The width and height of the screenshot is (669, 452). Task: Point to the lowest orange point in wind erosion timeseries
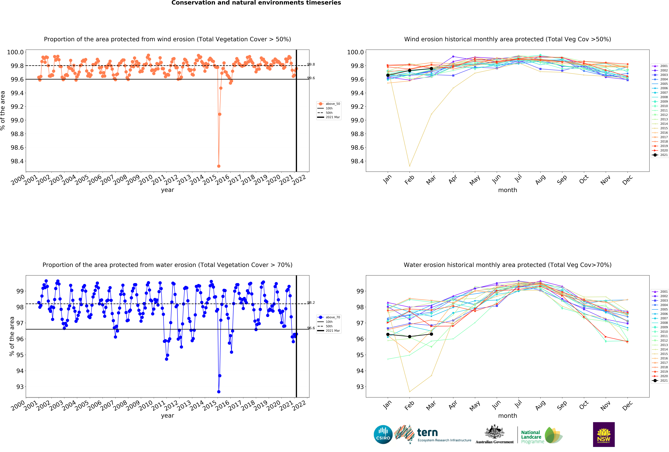tap(219, 166)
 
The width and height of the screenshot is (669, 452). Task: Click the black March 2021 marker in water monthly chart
tap(431, 334)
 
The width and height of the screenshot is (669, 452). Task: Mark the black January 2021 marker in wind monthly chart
tap(388, 75)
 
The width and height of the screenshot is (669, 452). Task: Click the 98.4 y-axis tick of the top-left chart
tap(17, 161)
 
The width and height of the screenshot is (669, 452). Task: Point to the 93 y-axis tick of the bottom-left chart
tap(20, 387)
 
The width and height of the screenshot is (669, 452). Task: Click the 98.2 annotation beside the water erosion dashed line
tap(311, 302)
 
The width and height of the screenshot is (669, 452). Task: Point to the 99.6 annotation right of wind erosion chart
tap(311, 78)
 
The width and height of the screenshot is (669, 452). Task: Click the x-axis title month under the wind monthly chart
tap(508, 190)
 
